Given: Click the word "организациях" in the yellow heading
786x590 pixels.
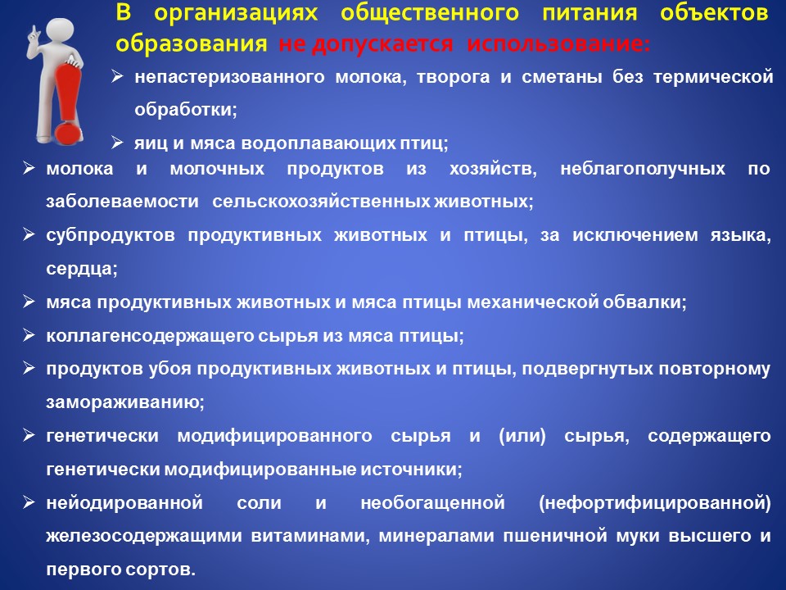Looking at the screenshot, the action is (x=236, y=13).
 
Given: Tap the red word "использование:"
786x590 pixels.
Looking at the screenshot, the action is (x=558, y=43).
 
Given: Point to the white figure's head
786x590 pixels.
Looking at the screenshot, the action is (x=59, y=31).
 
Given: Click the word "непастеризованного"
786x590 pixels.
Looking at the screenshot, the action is (x=229, y=77).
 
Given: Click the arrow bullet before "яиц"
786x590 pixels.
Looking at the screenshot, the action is (x=117, y=143).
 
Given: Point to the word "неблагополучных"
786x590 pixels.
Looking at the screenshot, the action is (x=643, y=169).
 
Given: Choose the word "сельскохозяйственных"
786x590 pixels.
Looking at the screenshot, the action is (x=321, y=202).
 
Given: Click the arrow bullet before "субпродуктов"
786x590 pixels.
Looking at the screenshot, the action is (x=29, y=235).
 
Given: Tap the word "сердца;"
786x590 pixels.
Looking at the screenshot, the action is (x=82, y=269).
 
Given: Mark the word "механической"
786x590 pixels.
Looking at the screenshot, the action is (x=532, y=302).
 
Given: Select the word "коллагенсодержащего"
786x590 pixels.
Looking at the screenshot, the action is (x=149, y=336).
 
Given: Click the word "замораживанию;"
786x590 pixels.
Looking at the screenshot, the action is (x=125, y=402).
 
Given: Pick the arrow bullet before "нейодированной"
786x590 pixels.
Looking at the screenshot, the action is (x=29, y=502).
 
